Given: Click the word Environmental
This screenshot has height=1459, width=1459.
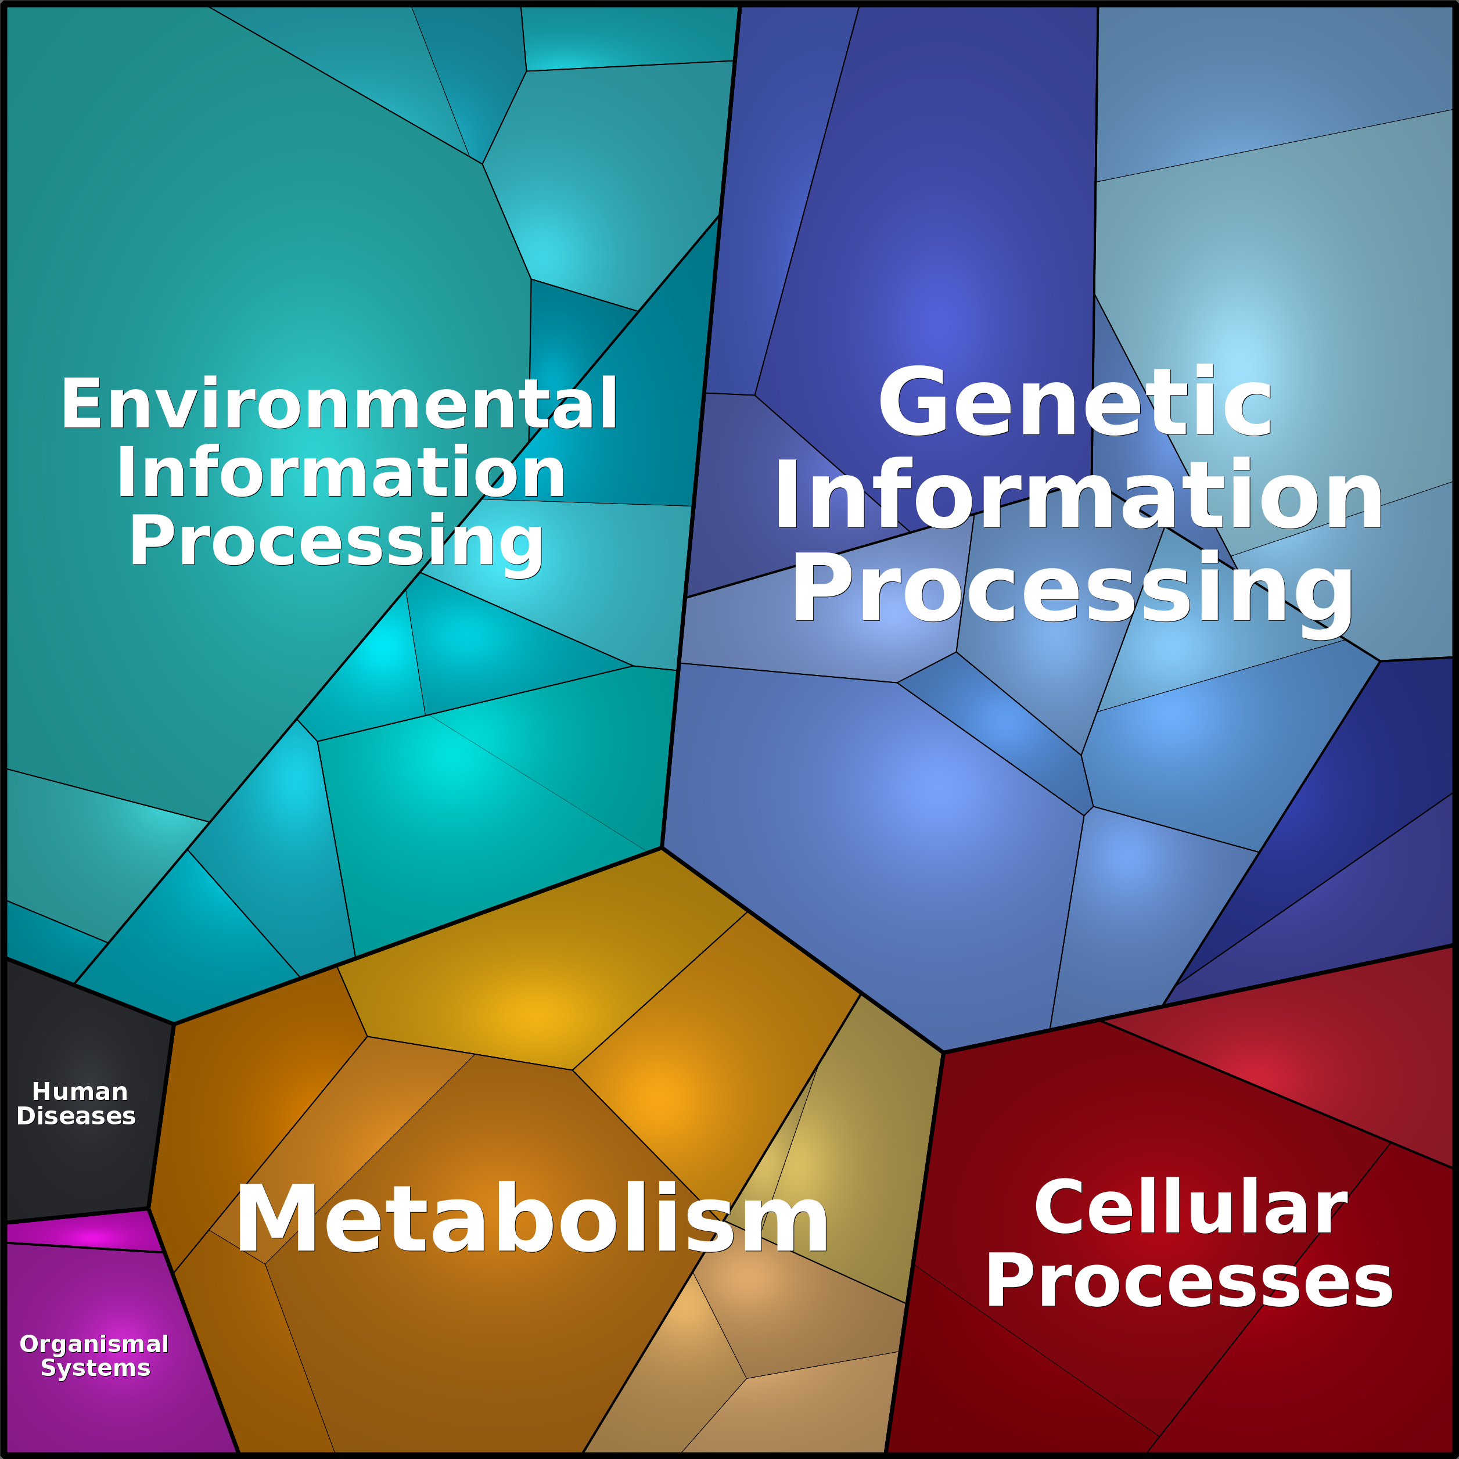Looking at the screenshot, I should click(339, 405).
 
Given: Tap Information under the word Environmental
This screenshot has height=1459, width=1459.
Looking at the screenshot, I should click(340, 473).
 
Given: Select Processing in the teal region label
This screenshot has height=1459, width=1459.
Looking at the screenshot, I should click(337, 541).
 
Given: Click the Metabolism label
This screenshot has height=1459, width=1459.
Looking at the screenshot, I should click(531, 1220).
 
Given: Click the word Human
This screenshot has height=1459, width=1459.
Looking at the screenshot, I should click(80, 1092).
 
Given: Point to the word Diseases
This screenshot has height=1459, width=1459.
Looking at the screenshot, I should click(76, 1116).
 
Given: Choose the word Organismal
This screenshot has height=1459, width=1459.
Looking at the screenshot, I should click(95, 1344).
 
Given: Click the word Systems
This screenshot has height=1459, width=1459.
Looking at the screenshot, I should click(96, 1368).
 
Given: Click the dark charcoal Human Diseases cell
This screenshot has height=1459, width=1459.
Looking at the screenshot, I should click(83, 1042).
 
